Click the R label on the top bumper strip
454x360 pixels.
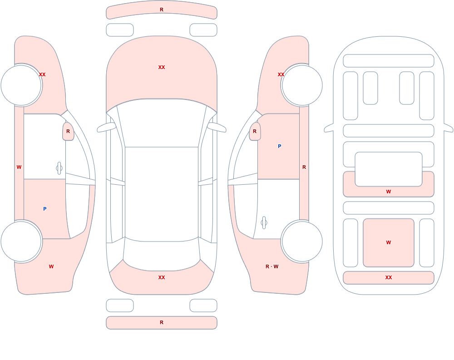click(162, 10)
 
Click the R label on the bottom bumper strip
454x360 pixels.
click(162, 322)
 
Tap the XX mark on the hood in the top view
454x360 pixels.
click(162, 67)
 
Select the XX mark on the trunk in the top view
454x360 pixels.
click(162, 277)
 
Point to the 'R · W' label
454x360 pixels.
click(272, 266)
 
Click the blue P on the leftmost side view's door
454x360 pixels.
click(44, 209)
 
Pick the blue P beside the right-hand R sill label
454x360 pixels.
click(279, 146)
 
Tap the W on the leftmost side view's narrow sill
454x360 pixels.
click(19, 167)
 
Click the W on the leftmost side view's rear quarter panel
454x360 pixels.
click(51, 266)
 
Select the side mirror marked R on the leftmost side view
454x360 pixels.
click(68, 132)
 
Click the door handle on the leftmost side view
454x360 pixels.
click(59, 168)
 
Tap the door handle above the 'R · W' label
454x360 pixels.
click(264, 222)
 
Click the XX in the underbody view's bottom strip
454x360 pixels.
click(389, 277)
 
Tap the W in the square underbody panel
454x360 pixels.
click(389, 242)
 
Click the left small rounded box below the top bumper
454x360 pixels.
click(120, 30)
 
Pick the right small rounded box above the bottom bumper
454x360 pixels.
click(203, 305)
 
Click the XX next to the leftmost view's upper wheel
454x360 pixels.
click(42, 74)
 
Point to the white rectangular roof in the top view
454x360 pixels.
click(162, 194)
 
